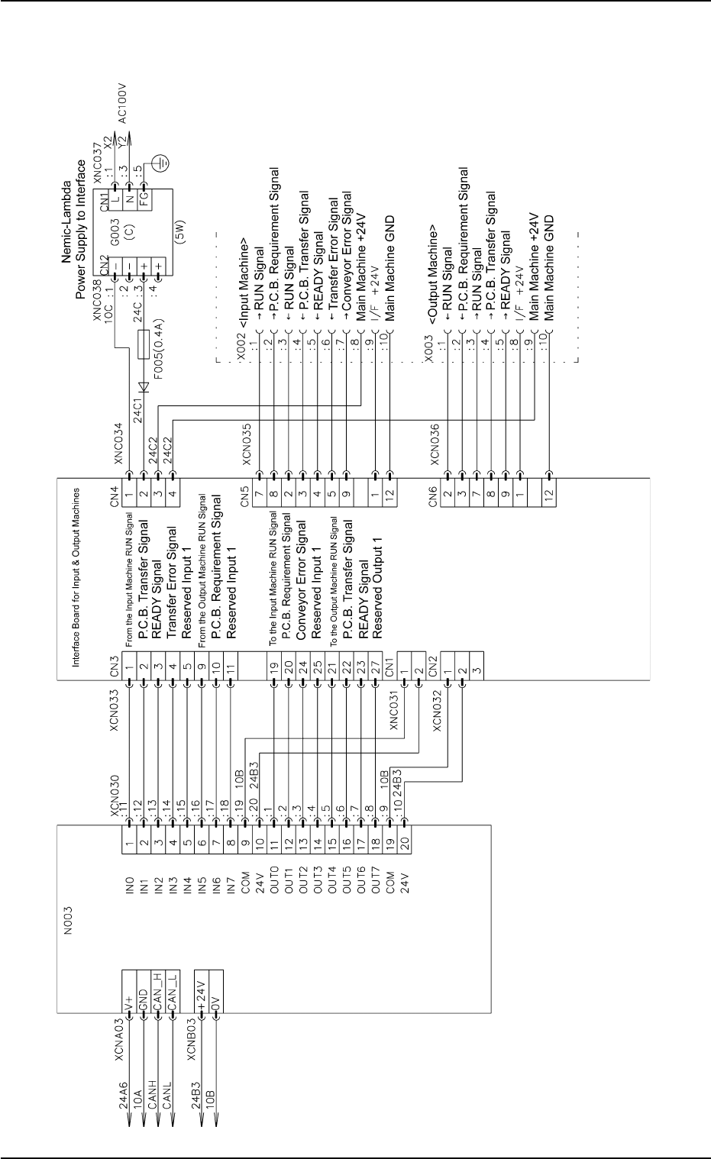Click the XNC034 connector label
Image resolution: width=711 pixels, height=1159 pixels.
118,442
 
